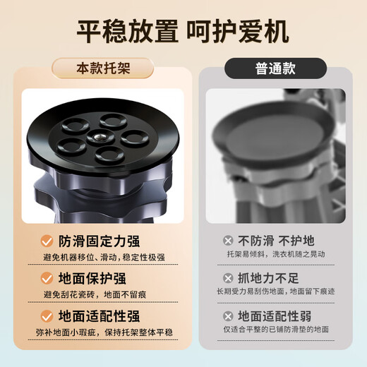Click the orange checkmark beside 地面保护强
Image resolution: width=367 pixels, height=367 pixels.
click(47, 278)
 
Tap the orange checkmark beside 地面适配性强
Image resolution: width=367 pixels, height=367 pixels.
click(47, 316)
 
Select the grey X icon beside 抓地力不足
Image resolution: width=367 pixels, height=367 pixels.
click(228, 278)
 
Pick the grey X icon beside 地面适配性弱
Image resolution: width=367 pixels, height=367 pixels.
click(228, 316)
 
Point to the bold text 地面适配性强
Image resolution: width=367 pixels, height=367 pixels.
click(101, 316)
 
